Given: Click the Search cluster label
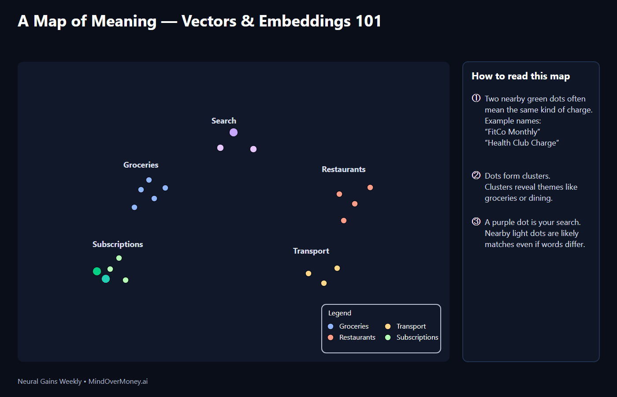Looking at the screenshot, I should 223,121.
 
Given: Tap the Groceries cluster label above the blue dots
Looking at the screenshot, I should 141,165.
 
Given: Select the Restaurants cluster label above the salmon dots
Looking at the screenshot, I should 343,169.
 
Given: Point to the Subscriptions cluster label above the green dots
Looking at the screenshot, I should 118,244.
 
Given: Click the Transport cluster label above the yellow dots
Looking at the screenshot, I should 311,251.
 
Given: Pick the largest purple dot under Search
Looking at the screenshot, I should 234,132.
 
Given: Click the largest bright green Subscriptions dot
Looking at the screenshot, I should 97,271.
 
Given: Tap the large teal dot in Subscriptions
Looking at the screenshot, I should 106,279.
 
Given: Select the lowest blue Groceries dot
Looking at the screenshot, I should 134,207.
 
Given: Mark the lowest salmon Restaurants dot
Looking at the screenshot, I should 344,221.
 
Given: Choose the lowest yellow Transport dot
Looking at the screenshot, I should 324,283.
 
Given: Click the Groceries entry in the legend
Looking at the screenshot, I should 353,326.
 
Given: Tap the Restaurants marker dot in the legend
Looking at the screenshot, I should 331,337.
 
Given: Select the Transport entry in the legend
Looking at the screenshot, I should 411,326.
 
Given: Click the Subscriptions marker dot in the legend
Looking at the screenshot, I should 388,337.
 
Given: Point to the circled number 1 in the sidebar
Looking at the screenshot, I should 476,98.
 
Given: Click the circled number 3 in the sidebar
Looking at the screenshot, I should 476,221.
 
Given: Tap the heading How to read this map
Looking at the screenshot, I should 520,76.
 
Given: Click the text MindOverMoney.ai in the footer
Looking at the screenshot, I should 118,382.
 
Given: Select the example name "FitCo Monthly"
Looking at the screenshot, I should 513,132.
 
